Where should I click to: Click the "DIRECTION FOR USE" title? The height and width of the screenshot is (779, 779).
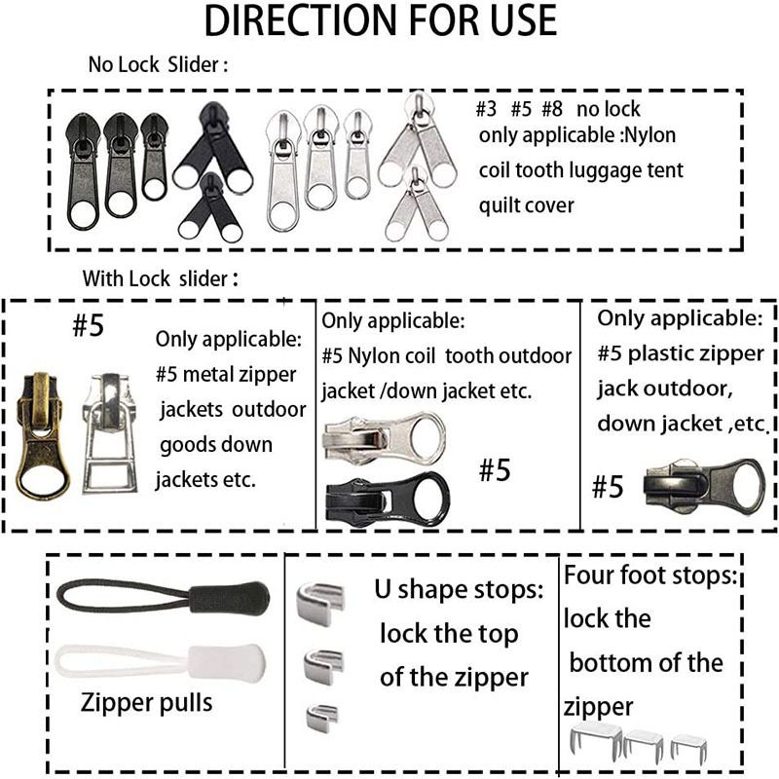(x=381, y=20)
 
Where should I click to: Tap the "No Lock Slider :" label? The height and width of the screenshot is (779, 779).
(x=158, y=64)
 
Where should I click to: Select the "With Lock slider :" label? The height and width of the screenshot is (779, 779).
(x=160, y=278)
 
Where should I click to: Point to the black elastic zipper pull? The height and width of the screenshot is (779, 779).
(x=164, y=596)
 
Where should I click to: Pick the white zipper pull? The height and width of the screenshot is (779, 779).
(x=160, y=662)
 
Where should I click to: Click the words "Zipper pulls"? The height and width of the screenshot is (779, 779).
(x=147, y=702)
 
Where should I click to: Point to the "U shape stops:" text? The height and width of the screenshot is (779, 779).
(x=459, y=589)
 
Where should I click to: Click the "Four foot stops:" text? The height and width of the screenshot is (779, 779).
(x=650, y=575)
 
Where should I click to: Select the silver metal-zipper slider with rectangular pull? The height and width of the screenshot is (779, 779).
(x=110, y=432)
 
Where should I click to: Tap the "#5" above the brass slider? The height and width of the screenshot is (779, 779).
(x=88, y=325)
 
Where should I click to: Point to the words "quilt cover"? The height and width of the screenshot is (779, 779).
(x=526, y=205)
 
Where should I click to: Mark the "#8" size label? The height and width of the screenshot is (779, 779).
(x=551, y=109)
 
